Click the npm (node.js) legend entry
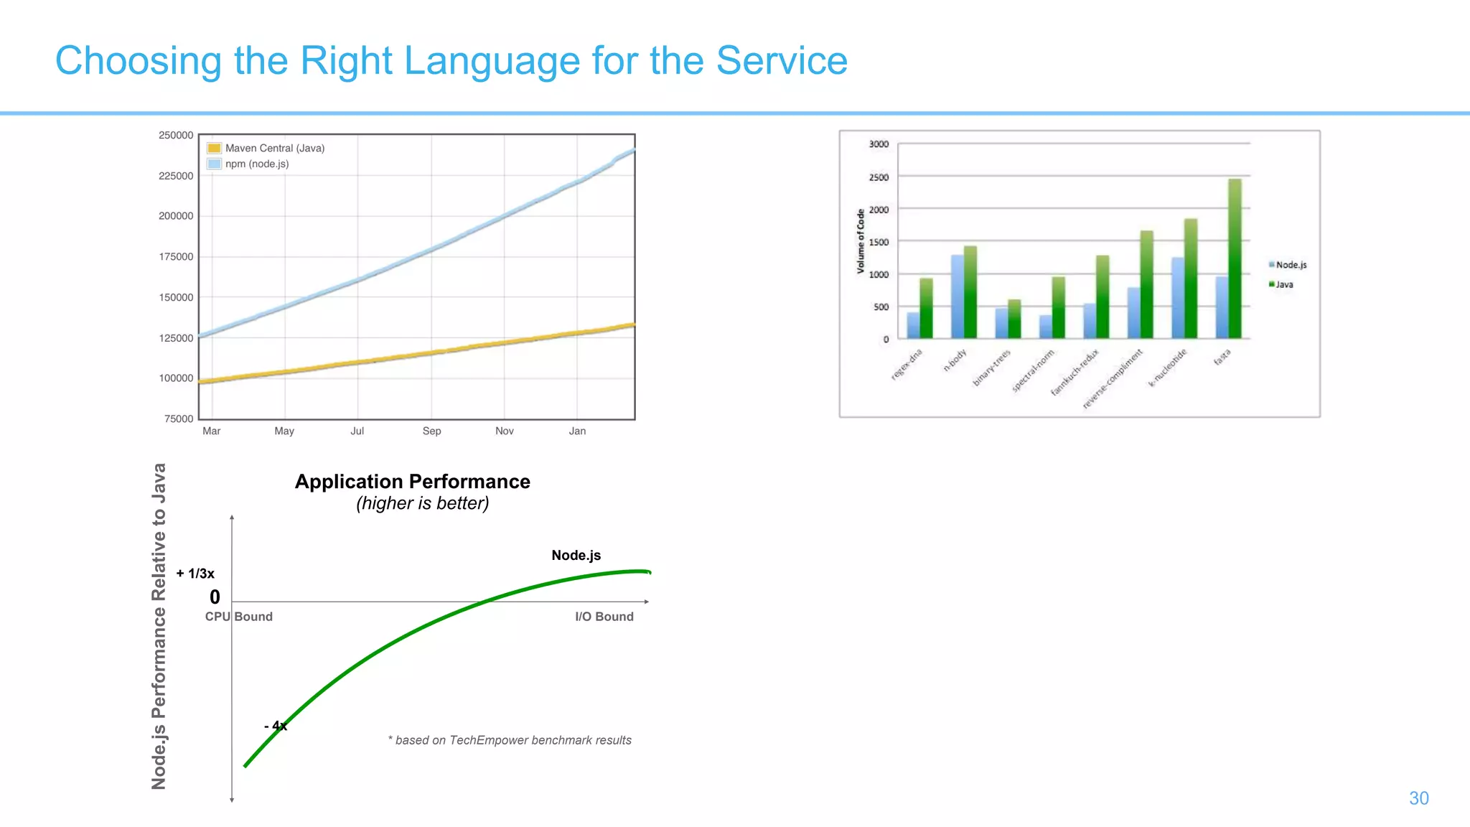click(x=256, y=164)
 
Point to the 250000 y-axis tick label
click(x=176, y=135)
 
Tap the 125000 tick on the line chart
click(x=176, y=338)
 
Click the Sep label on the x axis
click(x=431, y=431)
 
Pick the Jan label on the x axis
click(x=577, y=431)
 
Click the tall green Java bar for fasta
click(x=1235, y=258)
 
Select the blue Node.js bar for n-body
click(x=958, y=296)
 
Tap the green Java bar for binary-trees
click(x=1014, y=319)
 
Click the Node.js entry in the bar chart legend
click(x=1290, y=265)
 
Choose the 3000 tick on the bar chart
click(x=879, y=144)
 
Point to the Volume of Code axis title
click(x=861, y=241)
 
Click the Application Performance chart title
click(x=412, y=482)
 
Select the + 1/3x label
click(x=195, y=574)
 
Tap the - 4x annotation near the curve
click(x=276, y=726)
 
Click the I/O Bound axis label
click(x=604, y=617)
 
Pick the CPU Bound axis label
click(x=238, y=617)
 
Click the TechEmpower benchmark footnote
click(x=510, y=740)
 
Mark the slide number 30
click(x=1418, y=798)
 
